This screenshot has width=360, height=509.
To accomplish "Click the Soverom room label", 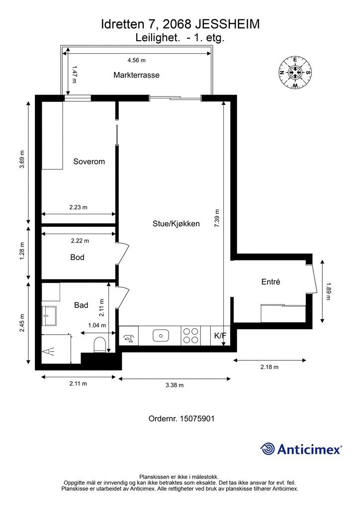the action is pos(89,162).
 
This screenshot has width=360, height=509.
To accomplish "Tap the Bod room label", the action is pos(77,257).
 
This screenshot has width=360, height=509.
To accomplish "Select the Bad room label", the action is pos(81,305).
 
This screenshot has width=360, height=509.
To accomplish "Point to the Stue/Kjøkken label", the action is pos(176,224).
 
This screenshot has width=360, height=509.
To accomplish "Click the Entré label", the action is pos(270,282).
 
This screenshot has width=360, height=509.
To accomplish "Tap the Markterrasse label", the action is pos(136,75).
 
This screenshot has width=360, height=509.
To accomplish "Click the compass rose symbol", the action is pos(295,73).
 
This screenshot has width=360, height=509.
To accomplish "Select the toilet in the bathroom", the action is pos(99,345).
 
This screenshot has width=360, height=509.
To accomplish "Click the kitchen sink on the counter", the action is pos(161,336).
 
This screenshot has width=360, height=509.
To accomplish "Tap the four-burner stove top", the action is pos(191,336).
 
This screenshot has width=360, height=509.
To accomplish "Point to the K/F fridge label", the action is pos(220,336).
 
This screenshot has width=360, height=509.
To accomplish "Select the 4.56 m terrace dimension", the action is pos(136,60).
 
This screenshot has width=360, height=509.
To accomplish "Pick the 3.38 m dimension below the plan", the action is pos(175,385).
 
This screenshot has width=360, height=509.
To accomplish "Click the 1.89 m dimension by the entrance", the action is pos(328,291).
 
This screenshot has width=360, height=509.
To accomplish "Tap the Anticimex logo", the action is pos(301,449).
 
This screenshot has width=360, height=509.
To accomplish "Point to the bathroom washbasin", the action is pos(49,316).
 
